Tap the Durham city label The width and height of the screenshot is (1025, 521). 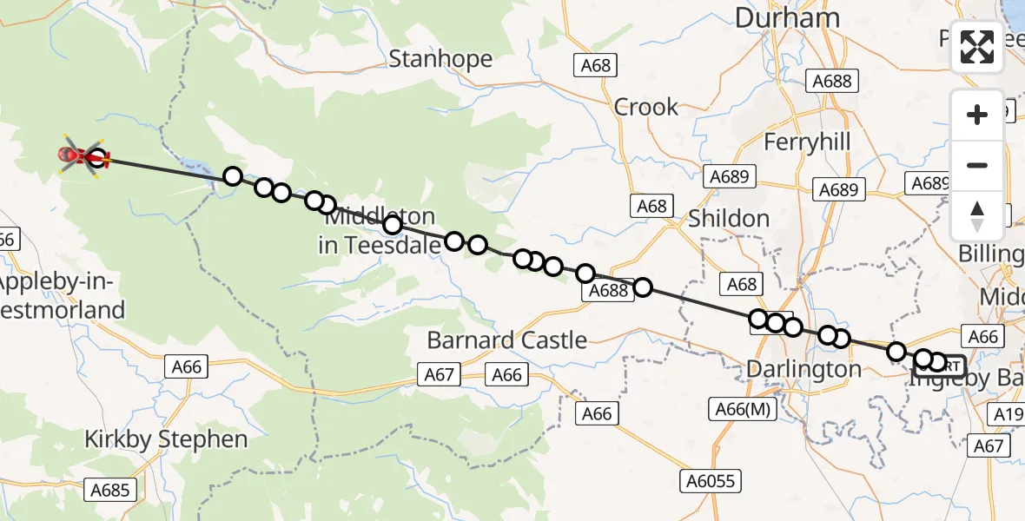tap(787, 17)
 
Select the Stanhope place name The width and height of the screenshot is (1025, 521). tap(440, 59)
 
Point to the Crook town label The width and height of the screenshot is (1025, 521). tap(645, 107)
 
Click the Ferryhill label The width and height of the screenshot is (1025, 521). tap(807, 142)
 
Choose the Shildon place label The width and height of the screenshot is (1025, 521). tap(728, 219)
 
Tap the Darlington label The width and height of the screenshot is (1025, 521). tap(803, 370)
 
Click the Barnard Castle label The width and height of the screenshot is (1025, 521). tap(506, 340)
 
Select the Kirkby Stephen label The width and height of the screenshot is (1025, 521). tap(166, 439)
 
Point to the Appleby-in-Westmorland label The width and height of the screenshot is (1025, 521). tap(61, 296)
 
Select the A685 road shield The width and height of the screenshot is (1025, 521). tap(110, 491)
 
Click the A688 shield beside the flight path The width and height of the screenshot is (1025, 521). tap(608, 291)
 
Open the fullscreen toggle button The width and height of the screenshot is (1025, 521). tap(977, 47)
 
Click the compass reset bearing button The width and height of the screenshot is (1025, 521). tap(977, 215)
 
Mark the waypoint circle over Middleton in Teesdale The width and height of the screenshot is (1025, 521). tap(393, 226)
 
